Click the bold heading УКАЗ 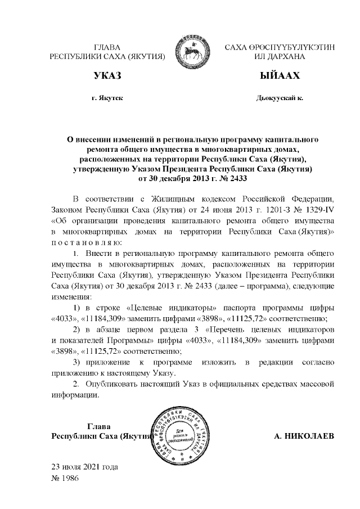[107, 75]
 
